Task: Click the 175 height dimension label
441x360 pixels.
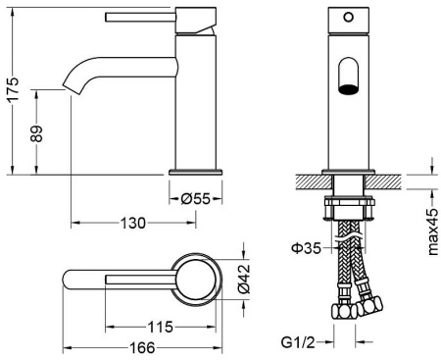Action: [14, 90]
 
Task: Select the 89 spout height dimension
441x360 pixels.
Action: [36, 133]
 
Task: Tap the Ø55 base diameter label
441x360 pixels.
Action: [195, 198]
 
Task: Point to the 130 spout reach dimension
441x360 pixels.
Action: [133, 223]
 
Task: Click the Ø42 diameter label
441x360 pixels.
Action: [243, 279]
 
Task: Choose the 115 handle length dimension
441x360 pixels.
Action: [160, 327]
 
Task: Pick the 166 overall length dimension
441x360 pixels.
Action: [142, 347]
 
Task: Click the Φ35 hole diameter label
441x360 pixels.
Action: [307, 248]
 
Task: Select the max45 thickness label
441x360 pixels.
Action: [432, 231]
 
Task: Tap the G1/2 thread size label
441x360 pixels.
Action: [298, 342]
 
